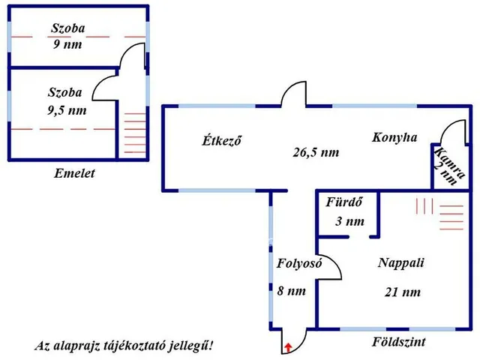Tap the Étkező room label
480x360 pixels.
tap(225, 140)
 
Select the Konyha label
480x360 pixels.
tap(394, 138)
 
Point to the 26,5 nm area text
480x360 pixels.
tap(316, 152)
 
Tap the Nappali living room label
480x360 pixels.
tap(401, 263)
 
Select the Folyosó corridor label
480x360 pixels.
tap(299, 263)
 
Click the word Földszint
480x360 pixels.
tap(399, 342)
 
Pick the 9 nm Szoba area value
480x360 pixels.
tap(65, 44)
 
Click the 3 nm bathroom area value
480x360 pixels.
tap(349, 221)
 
